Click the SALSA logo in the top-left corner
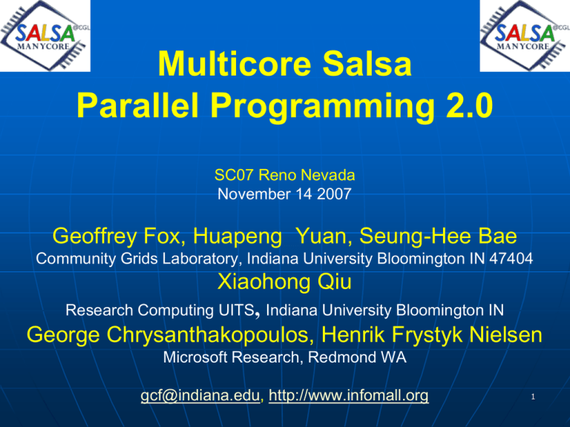click(45, 36)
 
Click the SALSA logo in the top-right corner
click(525, 36)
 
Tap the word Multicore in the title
click(235, 64)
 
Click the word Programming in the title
click(323, 107)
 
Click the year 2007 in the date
click(334, 194)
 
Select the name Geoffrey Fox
click(117, 236)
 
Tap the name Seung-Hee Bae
click(438, 236)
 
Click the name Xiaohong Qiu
click(284, 282)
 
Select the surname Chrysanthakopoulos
click(210, 335)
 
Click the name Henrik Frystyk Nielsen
click(432, 335)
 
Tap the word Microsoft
click(195, 357)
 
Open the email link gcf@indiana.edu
click(200, 396)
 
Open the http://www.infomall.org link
click(349, 396)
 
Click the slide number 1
click(533, 397)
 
